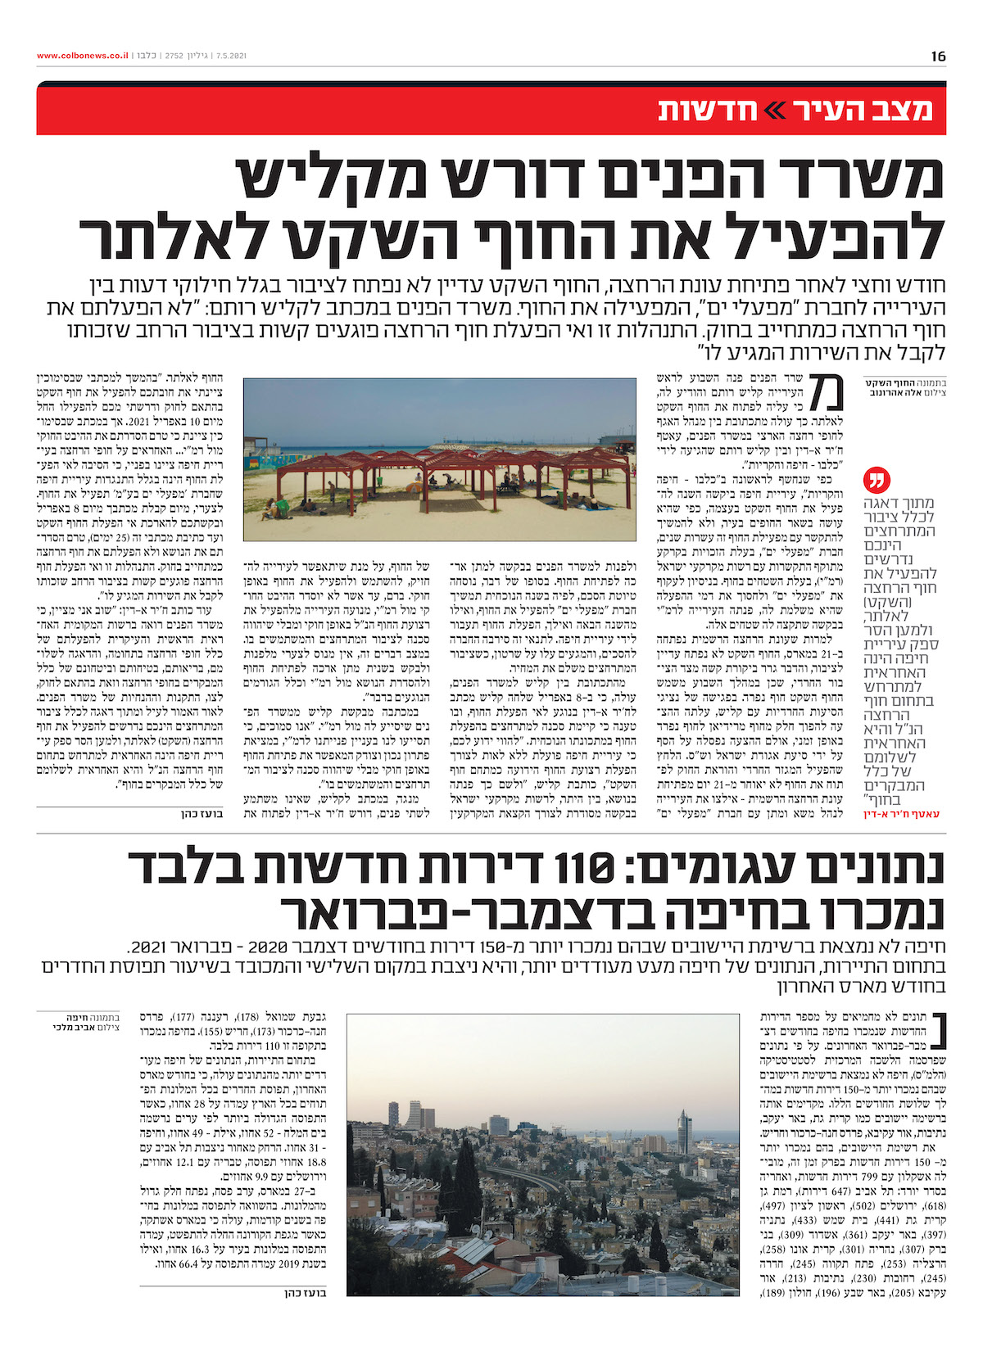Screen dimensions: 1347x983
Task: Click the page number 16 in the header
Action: click(938, 56)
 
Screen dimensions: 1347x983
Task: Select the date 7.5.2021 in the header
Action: click(229, 56)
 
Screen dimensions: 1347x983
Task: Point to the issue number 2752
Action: click(174, 56)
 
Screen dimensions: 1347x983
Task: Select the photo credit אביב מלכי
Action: click(73, 1027)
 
